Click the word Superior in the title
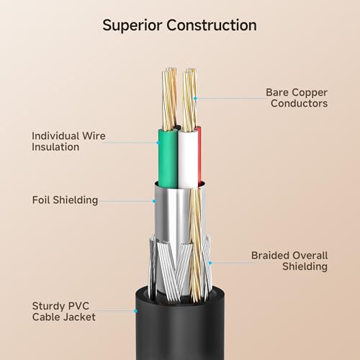point(132,25)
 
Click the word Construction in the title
point(212,25)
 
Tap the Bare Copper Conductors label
point(297,98)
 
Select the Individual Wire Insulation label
point(68,141)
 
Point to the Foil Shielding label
point(65,200)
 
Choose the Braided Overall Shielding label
point(289,261)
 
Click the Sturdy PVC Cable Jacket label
point(64,312)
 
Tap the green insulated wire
point(168,158)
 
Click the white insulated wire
point(189,158)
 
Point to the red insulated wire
point(199,156)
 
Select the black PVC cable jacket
point(180,326)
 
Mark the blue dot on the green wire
point(158,143)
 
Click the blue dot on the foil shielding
point(154,201)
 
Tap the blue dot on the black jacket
point(135,311)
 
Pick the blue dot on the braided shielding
point(210,263)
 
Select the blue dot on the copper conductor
point(195,98)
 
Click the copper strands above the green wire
point(169,99)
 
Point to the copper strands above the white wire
point(189,100)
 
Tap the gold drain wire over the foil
point(197,245)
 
